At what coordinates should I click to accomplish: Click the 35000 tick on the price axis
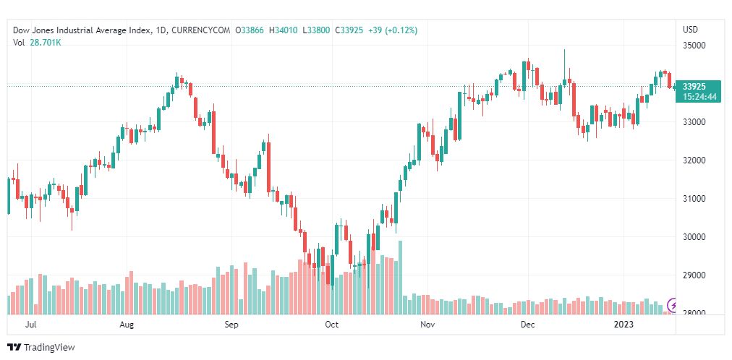(694, 45)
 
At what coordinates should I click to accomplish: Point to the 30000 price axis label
(694, 236)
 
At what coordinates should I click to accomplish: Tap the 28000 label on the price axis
(694, 313)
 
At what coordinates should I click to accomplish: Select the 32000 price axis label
(694, 160)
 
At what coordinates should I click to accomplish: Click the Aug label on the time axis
(127, 325)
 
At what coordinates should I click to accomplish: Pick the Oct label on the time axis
(332, 325)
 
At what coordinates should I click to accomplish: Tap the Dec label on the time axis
(527, 325)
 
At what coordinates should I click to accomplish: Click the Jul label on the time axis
(30, 325)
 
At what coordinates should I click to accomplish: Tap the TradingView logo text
(48, 348)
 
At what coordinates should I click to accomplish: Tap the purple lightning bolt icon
(673, 305)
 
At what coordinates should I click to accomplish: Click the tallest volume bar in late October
(400, 278)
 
